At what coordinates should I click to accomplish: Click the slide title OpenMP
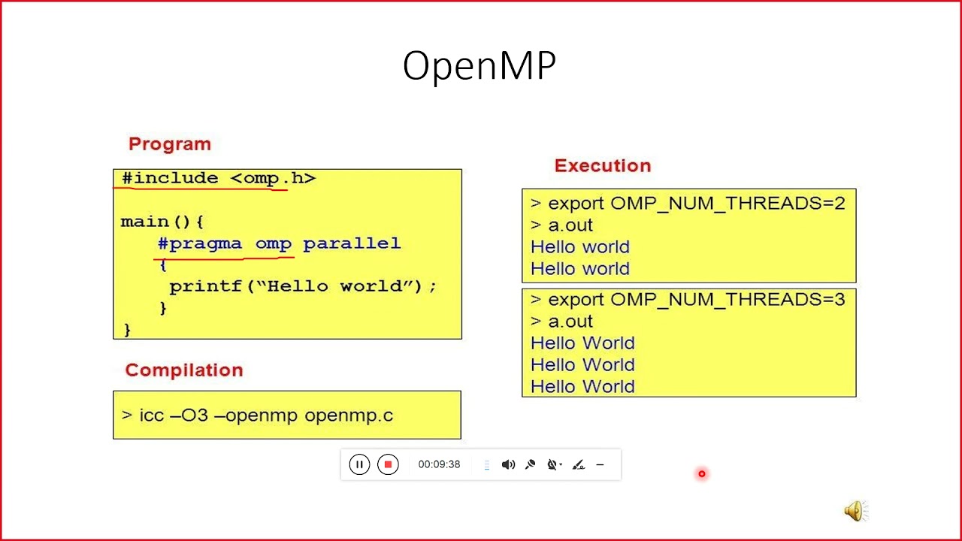point(479,67)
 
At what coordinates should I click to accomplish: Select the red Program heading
point(170,144)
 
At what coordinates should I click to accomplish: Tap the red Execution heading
point(603,165)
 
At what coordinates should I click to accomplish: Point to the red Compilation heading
point(184,370)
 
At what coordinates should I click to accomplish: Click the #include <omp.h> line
point(218,178)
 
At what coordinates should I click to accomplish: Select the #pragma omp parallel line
point(279,243)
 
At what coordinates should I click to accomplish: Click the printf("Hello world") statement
point(302,286)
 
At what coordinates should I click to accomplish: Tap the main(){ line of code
point(162,222)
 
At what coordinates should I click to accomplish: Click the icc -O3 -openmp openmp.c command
point(257,415)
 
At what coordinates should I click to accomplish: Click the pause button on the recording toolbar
point(359,464)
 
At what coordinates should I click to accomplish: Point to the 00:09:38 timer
point(439,464)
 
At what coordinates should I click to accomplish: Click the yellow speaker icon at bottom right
point(855,512)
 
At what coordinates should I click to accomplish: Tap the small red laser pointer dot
point(701,473)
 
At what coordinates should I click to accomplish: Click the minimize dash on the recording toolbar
point(600,464)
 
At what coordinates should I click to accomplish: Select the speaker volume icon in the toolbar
point(508,464)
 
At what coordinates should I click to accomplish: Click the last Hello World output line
point(582,386)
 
